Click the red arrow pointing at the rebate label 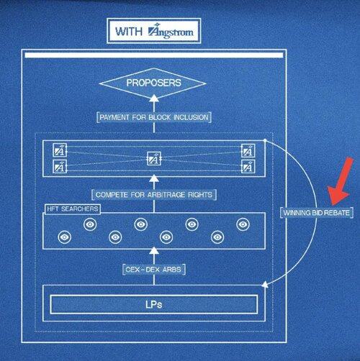341,182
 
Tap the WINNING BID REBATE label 317,213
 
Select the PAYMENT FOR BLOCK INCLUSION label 154,117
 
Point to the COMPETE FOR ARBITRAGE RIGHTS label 154,194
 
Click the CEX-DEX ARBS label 154,270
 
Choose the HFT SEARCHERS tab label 73,209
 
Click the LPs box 154,304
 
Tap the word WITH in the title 129,32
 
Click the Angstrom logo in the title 171,32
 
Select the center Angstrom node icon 154,159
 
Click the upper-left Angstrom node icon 60,150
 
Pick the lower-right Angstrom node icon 248,166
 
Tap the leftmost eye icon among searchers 65,237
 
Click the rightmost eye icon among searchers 243,224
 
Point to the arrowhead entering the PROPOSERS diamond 154,98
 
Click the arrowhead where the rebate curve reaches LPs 265,284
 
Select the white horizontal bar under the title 154,55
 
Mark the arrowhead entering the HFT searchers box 154,250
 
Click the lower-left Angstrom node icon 60,166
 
